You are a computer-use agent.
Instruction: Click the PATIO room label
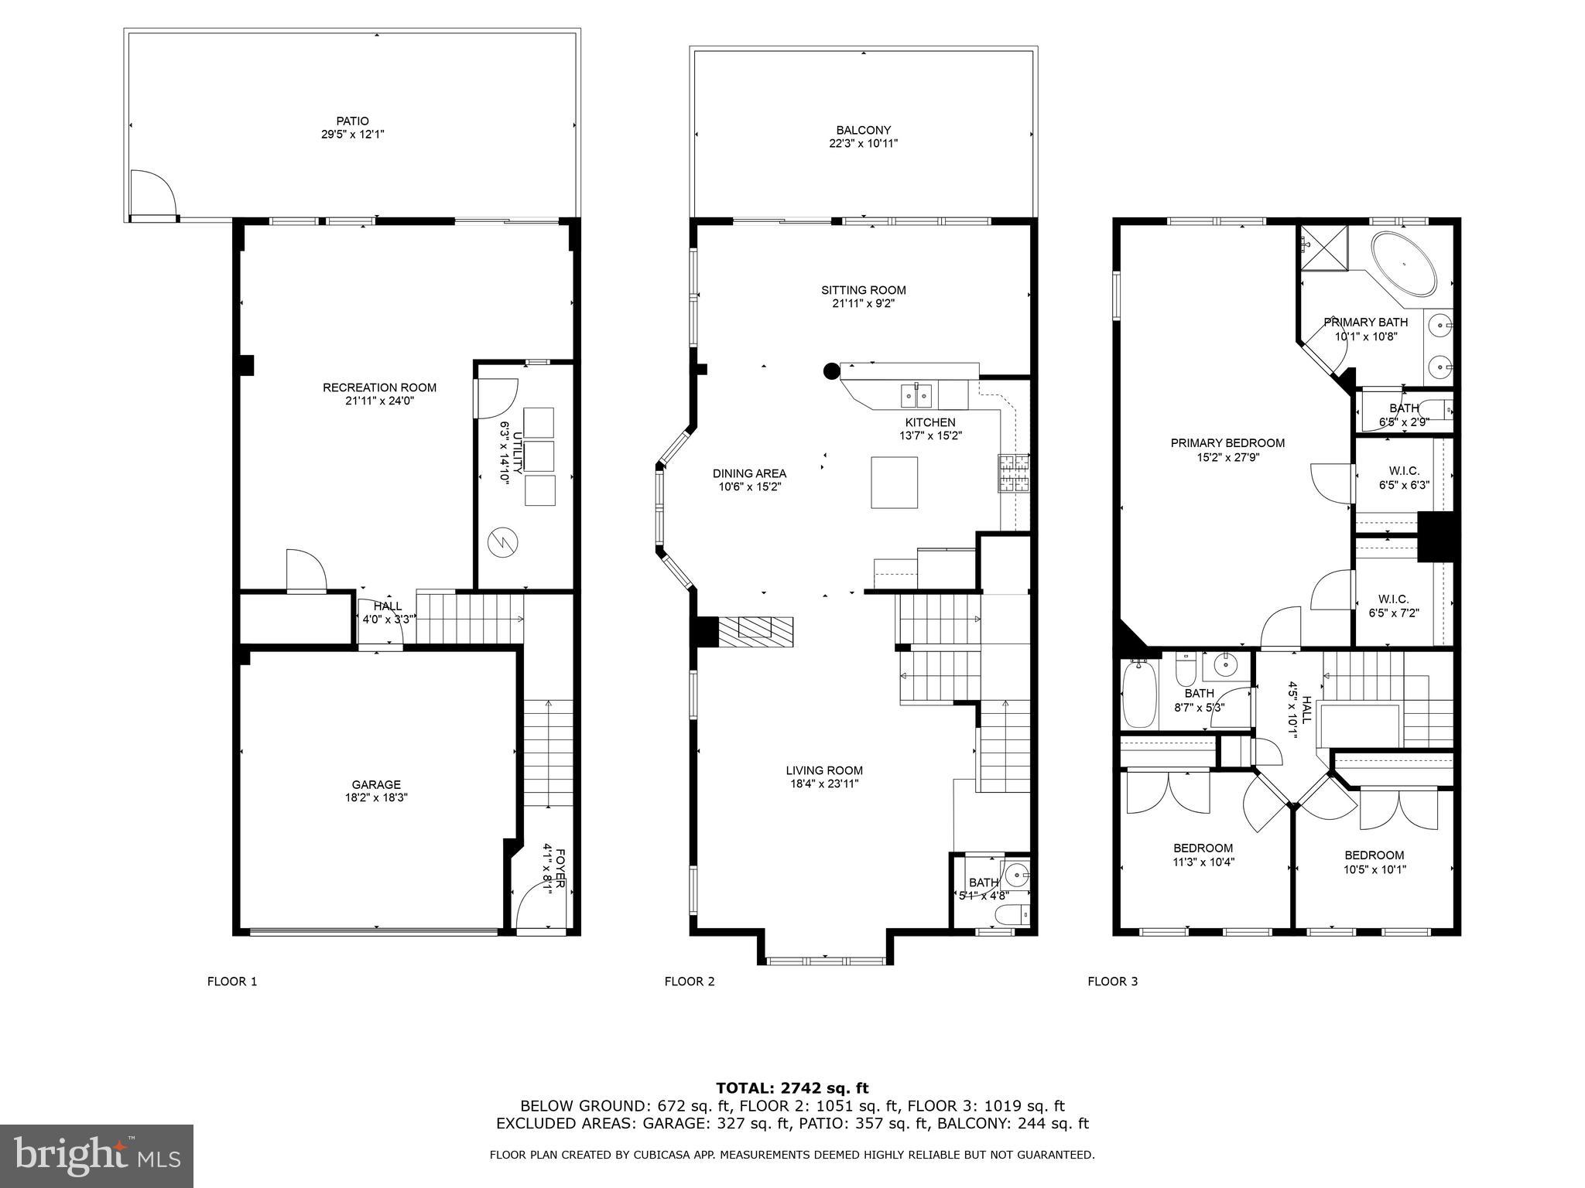coord(352,121)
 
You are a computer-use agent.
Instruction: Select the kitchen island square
coord(894,483)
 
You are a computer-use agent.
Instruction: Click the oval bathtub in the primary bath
coord(1403,263)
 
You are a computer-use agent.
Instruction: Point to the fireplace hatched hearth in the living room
coord(755,631)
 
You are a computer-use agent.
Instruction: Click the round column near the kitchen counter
coord(831,371)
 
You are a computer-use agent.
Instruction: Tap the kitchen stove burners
coord(1014,473)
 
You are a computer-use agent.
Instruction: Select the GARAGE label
coord(376,784)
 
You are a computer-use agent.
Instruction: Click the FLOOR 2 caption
coord(689,981)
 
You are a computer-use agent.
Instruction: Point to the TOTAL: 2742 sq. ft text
coord(792,1088)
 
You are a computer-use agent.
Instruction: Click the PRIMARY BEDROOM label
coord(1227,443)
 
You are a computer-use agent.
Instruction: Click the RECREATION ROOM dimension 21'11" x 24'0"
coord(379,401)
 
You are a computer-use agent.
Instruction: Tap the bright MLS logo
coord(97,1156)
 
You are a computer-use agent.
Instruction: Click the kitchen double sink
coord(917,396)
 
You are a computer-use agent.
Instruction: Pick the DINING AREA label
coord(749,473)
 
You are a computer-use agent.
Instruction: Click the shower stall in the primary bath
coord(1323,247)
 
